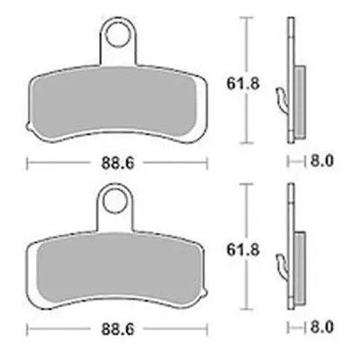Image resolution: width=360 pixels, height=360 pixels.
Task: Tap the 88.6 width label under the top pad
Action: click(118, 164)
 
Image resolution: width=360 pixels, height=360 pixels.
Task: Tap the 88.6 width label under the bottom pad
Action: click(118, 329)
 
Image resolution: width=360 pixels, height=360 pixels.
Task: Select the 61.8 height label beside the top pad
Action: click(242, 84)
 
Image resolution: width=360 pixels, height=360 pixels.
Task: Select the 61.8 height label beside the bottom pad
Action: click(242, 250)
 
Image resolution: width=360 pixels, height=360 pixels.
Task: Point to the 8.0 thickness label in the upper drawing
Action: click(321, 162)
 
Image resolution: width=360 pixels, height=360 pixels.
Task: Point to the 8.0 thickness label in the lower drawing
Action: click(321, 328)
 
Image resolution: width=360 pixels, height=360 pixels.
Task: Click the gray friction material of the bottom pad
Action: click(119, 268)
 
